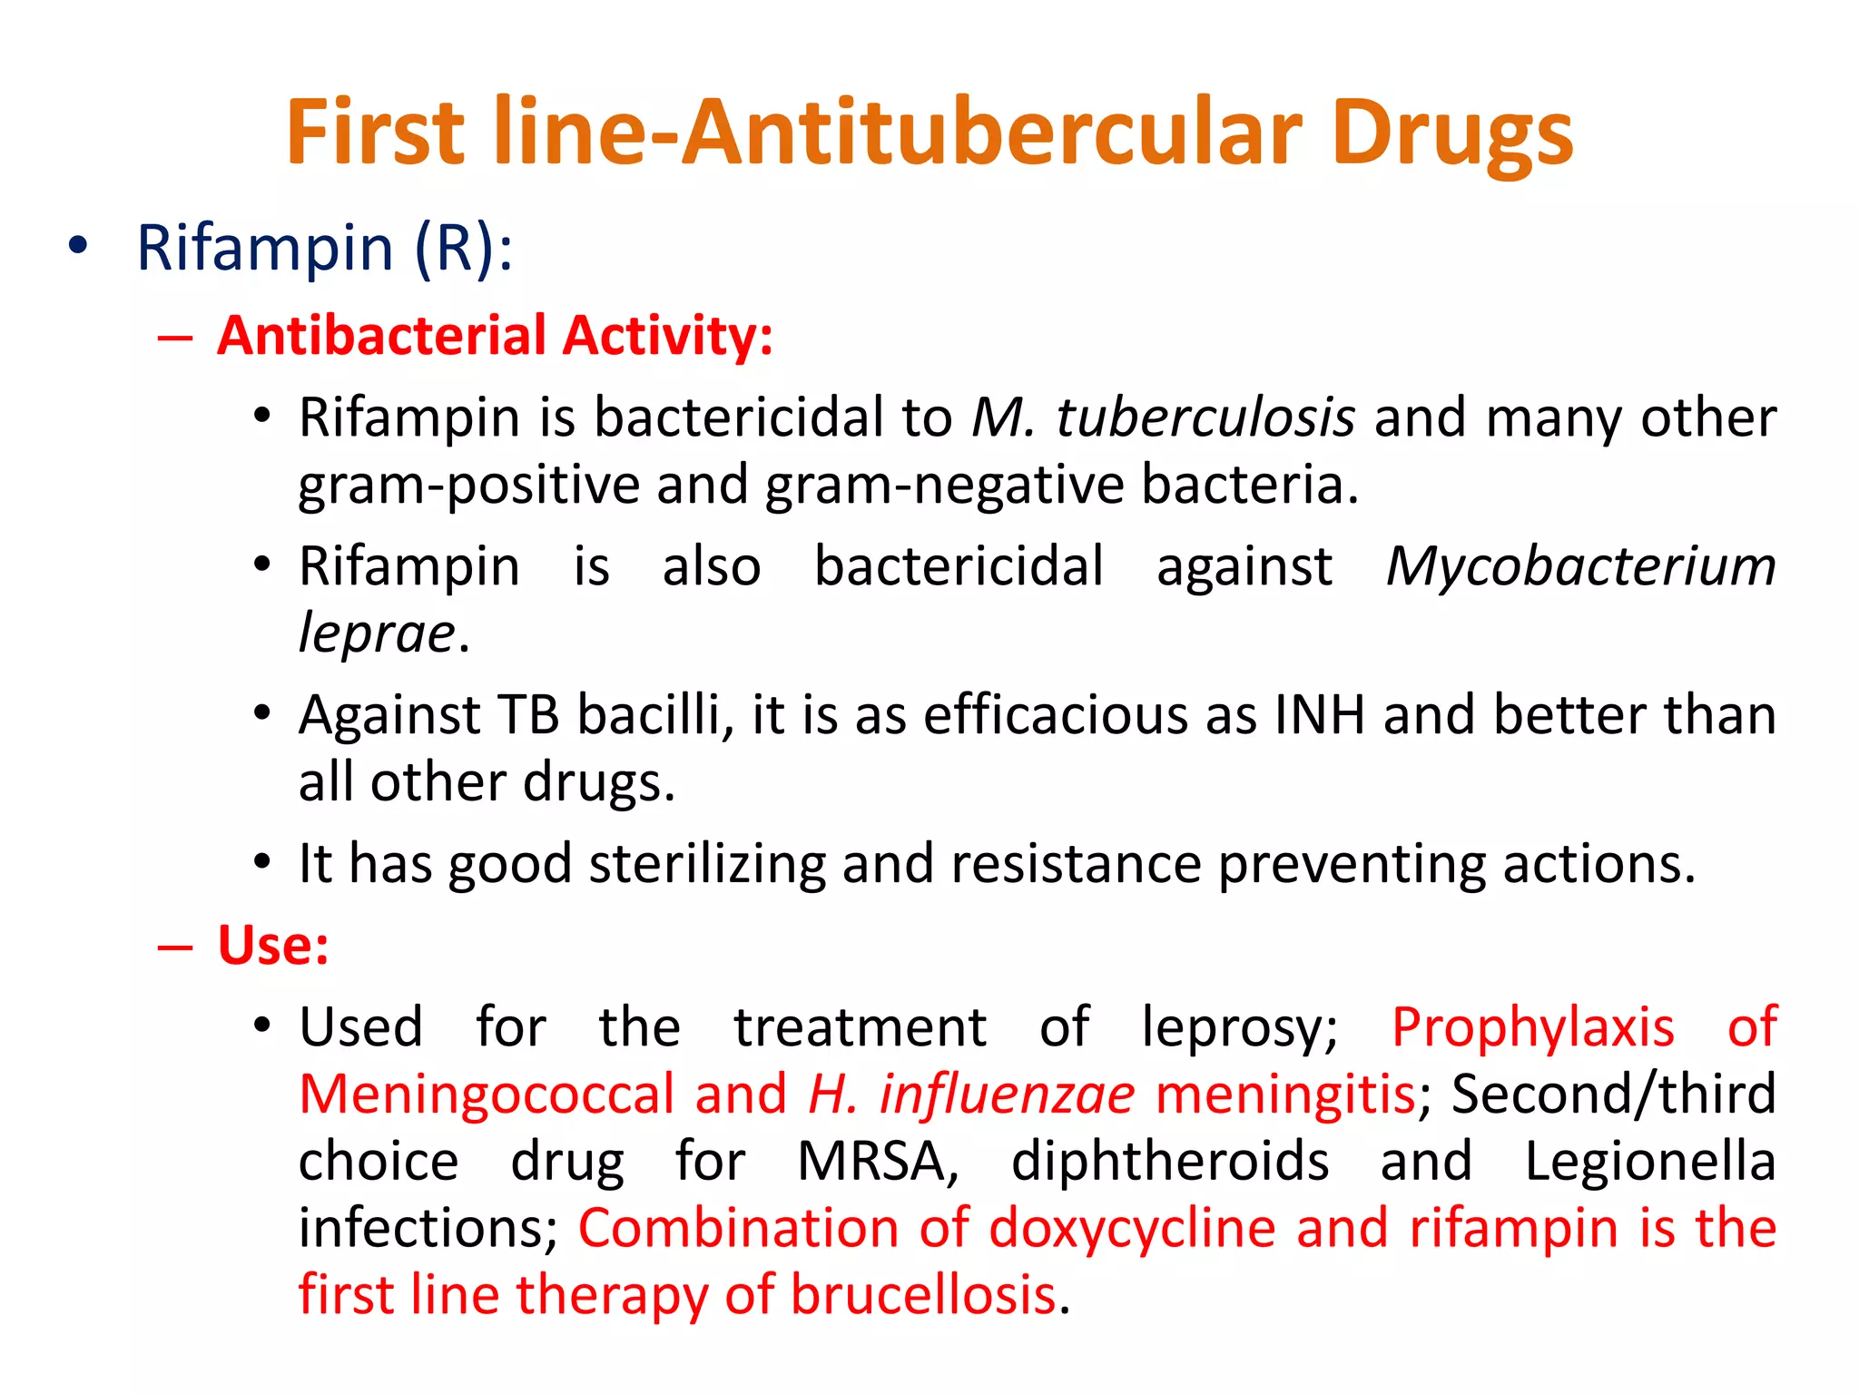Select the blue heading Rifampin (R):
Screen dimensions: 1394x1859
[324, 247]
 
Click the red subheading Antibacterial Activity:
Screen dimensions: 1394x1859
[495, 336]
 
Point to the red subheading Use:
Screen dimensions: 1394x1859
[273, 946]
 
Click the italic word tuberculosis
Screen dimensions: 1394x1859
[1205, 417]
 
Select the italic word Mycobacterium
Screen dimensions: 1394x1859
[1580, 566]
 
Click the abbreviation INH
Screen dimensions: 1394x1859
[1319, 715]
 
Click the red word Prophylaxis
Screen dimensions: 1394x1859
[1532, 1027]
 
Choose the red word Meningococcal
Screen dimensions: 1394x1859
[487, 1094]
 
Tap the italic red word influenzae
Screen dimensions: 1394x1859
[1007, 1094]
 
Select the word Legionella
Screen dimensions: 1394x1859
[1649, 1161]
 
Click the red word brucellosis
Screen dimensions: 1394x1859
[923, 1294]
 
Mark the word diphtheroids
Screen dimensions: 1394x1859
[1170, 1161]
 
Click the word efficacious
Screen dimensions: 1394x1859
[1055, 715]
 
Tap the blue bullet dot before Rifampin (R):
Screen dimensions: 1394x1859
[79, 245]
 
